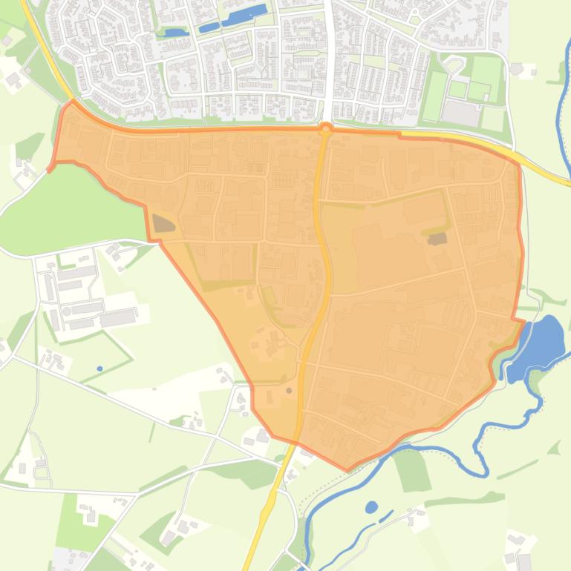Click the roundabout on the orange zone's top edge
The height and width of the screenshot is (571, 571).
(325, 129)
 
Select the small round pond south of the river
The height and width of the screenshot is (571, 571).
(371, 507)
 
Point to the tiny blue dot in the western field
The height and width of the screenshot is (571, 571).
(100, 369)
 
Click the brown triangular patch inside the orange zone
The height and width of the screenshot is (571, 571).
(163, 223)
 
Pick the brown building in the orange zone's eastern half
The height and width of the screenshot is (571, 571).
(437, 239)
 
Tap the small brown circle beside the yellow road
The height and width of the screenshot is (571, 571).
(289, 390)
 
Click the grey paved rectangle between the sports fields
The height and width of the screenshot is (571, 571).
(461, 113)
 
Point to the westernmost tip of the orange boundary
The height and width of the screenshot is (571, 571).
(50, 170)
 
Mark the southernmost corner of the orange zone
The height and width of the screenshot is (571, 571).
(348, 469)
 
